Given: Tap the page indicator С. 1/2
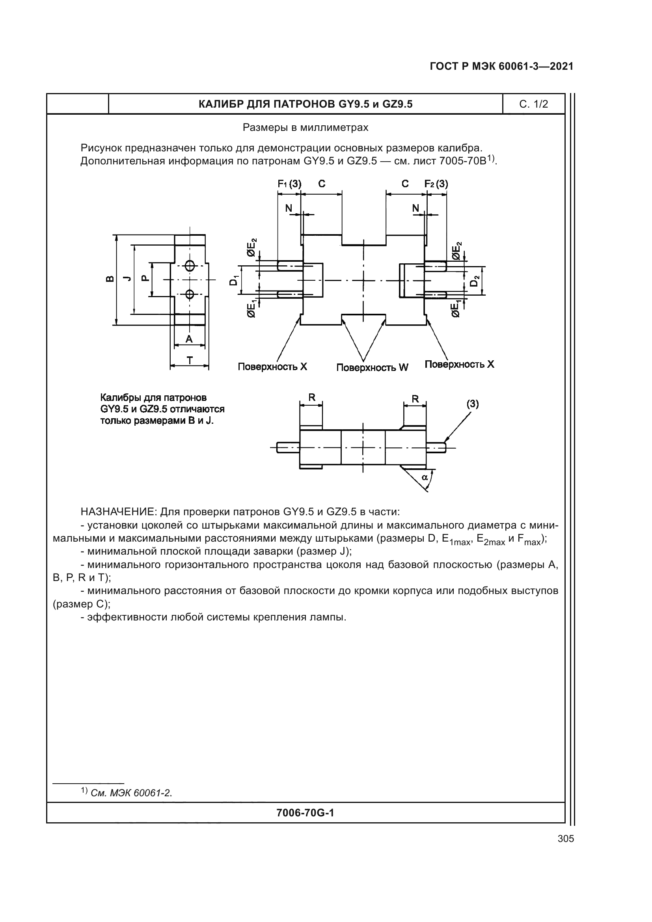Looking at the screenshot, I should [534, 104].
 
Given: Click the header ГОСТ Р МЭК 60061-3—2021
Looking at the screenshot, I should [501, 66].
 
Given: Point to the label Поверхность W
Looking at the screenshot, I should [372, 367].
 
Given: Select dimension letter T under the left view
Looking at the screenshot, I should [190, 360].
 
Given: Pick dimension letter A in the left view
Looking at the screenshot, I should [189, 339].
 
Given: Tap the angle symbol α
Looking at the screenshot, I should [425, 477].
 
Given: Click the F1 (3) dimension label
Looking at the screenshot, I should [289, 184].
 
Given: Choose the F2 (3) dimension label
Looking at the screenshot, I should [436, 184].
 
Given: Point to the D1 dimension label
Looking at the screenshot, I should [233, 280].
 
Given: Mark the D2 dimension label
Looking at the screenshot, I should [475, 281].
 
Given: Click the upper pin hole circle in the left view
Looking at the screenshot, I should [190, 265].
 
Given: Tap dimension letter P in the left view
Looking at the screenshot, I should [146, 278].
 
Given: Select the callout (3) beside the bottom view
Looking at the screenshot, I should [472, 404].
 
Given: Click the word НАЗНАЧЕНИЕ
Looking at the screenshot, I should [118, 512].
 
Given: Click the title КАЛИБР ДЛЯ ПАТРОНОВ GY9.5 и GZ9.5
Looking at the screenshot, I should [306, 104].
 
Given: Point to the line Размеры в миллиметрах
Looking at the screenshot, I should [306, 128].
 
